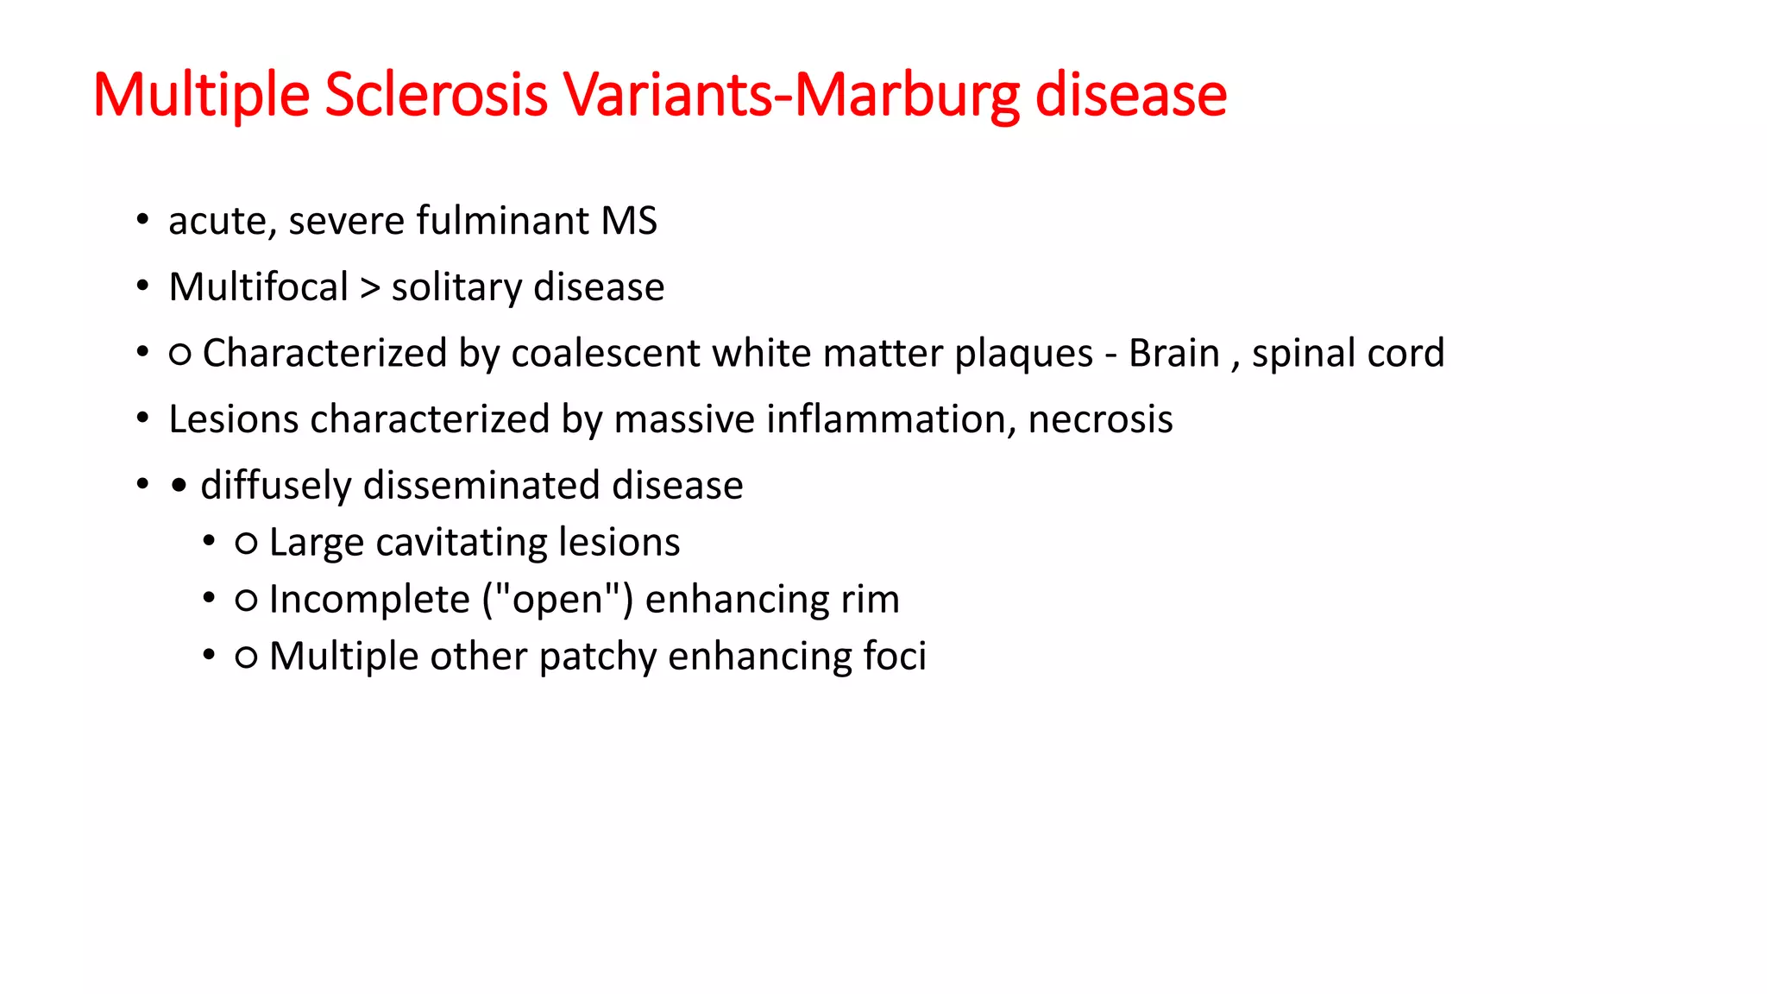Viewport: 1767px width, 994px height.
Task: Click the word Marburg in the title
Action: [906, 95]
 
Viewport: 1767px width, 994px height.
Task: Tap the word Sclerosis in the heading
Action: [436, 95]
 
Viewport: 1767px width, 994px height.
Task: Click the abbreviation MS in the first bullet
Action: [629, 221]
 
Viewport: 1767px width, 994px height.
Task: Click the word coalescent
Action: [605, 354]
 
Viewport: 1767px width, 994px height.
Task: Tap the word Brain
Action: [1173, 354]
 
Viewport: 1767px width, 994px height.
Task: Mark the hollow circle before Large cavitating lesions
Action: [246, 544]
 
